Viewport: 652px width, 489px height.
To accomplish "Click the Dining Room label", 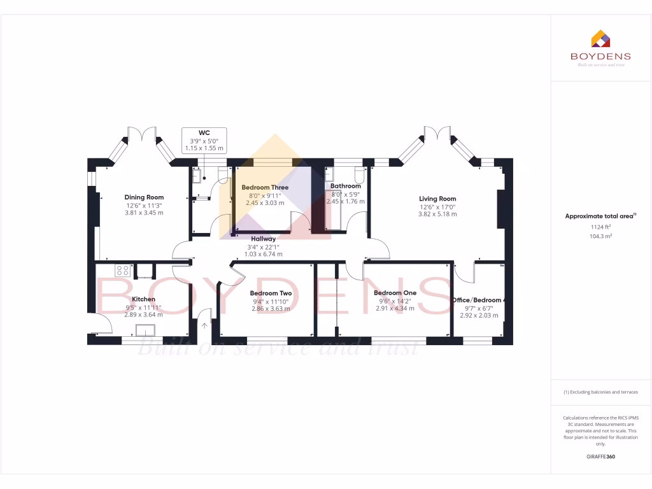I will coord(144,197).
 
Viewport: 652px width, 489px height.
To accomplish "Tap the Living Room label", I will coord(437,199).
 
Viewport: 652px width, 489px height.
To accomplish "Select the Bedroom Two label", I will coord(271,294).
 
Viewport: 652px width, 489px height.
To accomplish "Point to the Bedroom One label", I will coord(395,293).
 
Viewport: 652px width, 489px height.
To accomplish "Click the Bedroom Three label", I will coord(265,188).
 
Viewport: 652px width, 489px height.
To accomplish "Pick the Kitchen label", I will coord(143,299).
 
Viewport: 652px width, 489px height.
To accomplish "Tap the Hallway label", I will coord(263,239).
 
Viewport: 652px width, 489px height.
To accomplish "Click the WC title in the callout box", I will coord(204,133).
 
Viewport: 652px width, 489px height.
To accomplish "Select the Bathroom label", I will coord(346,186).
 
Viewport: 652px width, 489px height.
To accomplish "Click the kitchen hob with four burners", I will coord(122,271).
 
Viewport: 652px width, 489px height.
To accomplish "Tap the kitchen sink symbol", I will coord(146,330).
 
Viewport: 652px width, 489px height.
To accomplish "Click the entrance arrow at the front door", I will coord(204,325).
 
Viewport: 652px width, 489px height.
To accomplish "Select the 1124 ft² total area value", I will coord(600,226).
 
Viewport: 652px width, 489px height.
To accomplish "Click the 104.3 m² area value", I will coord(600,236).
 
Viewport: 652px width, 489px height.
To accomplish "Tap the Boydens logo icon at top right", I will coord(600,39).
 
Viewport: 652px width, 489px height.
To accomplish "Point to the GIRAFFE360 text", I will coord(600,457).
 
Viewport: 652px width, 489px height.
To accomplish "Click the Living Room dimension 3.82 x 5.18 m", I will coord(437,215).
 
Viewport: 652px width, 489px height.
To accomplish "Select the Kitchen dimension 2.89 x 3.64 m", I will coord(143,315).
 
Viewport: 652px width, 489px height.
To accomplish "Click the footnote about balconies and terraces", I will coord(600,392).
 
